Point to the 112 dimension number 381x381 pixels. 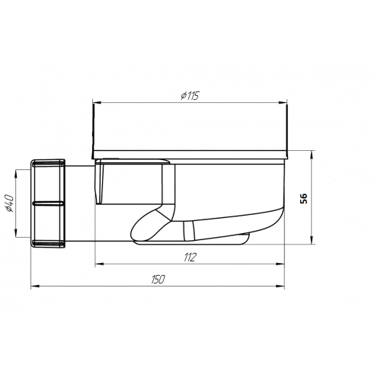190,258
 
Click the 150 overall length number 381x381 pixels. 158,280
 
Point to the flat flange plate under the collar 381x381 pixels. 190,155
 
